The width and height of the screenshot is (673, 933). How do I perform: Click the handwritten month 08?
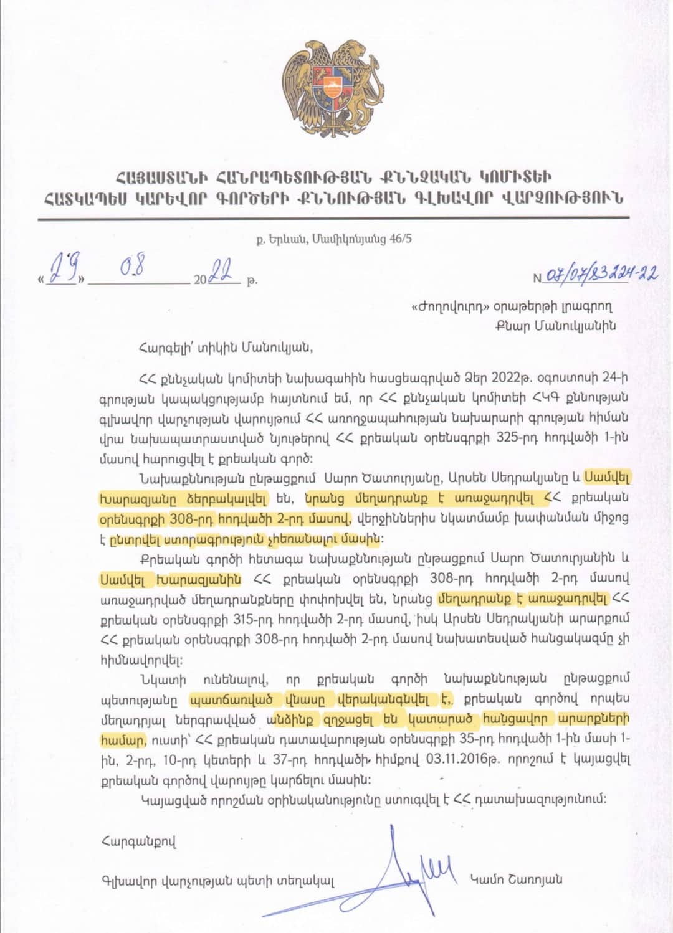click(133, 268)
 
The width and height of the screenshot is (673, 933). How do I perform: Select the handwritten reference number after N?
click(602, 274)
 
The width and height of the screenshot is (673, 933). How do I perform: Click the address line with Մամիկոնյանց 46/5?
click(334, 239)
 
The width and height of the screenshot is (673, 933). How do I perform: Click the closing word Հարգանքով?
click(138, 842)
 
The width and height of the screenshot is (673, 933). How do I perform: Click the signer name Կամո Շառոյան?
click(517, 879)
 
